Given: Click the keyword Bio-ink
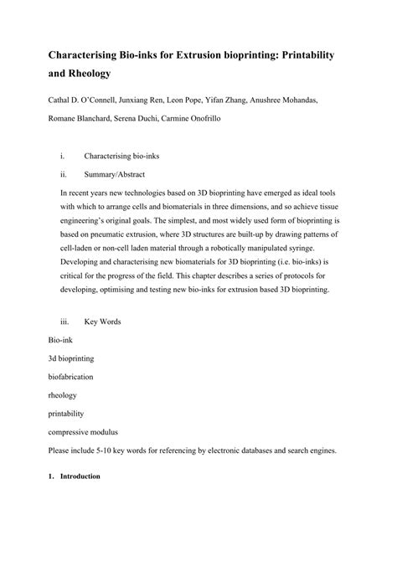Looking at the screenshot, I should tap(62, 342).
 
